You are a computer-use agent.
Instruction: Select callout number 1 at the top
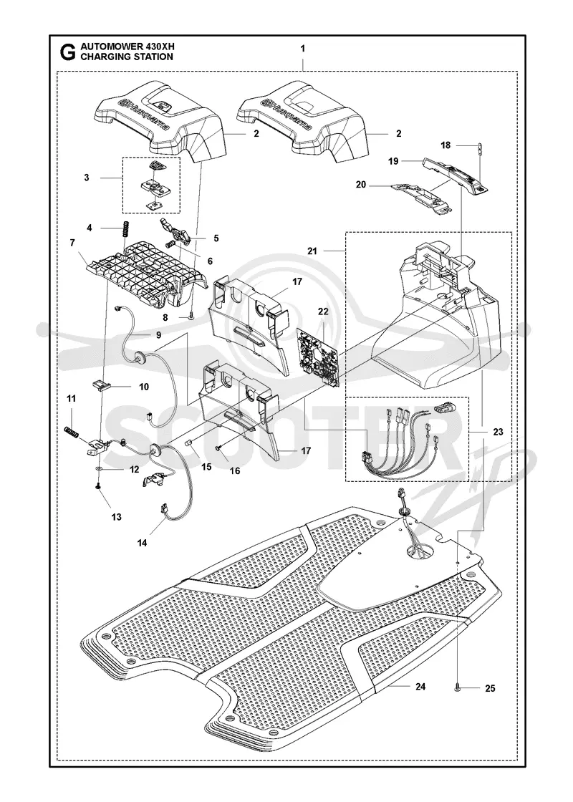tap(303, 49)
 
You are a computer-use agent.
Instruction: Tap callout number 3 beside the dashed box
tap(87, 178)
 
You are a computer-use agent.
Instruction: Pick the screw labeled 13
tap(97, 488)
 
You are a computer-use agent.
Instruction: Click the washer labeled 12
tap(97, 468)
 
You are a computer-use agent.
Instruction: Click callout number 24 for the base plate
tap(420, 687)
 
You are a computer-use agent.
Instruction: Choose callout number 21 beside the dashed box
tap(312, 251)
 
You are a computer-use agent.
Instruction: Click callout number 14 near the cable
tap(143, 543)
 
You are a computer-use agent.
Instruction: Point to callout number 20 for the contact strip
tap(361, 185)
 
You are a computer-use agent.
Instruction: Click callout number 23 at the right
tap(498, 431)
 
